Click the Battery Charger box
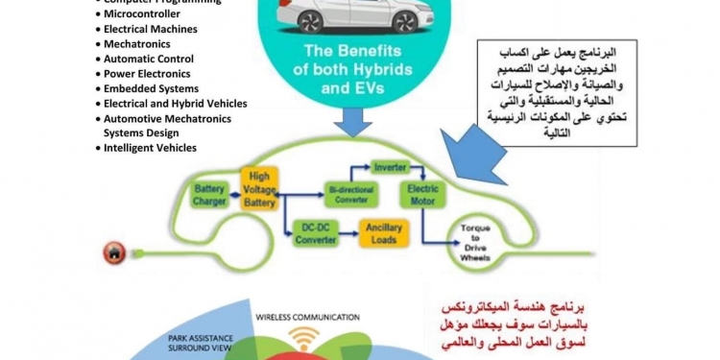pyautogui.click(x=209, y=195)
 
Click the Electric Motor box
pyautogui.click(x=419, y=195)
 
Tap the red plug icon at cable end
pyautogui.click(x=111, y=253)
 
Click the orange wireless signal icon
pyautogui.click(x=303, y=338)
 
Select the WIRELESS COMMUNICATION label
pyautogui.click(x=306, y=316)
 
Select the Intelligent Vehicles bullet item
pyautogui.click(x=153, y=148)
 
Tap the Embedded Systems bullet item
pyautogui.click(x=151, y=88)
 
